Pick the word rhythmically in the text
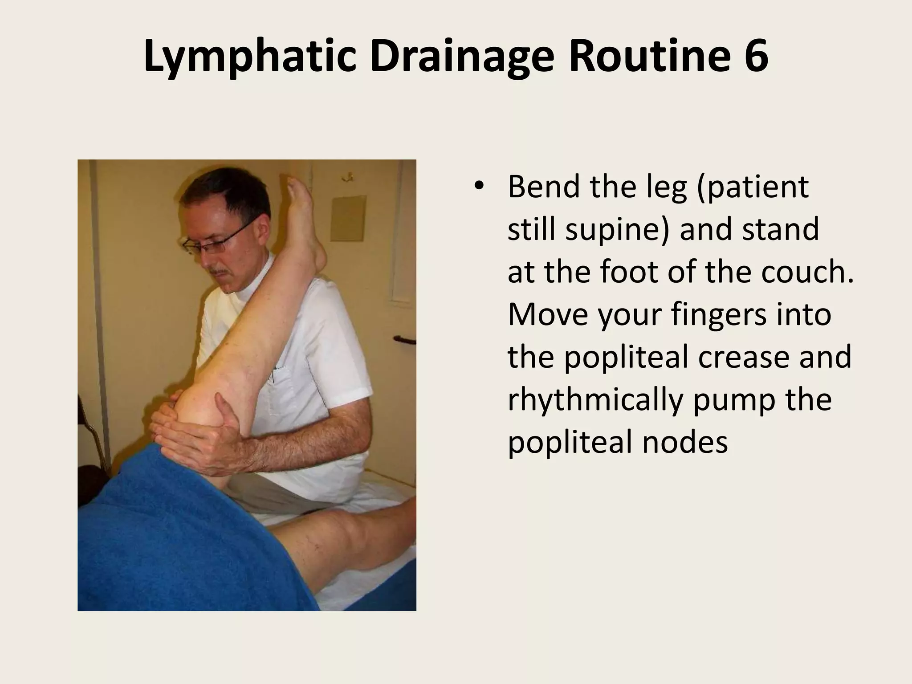[x=595, y=399]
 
